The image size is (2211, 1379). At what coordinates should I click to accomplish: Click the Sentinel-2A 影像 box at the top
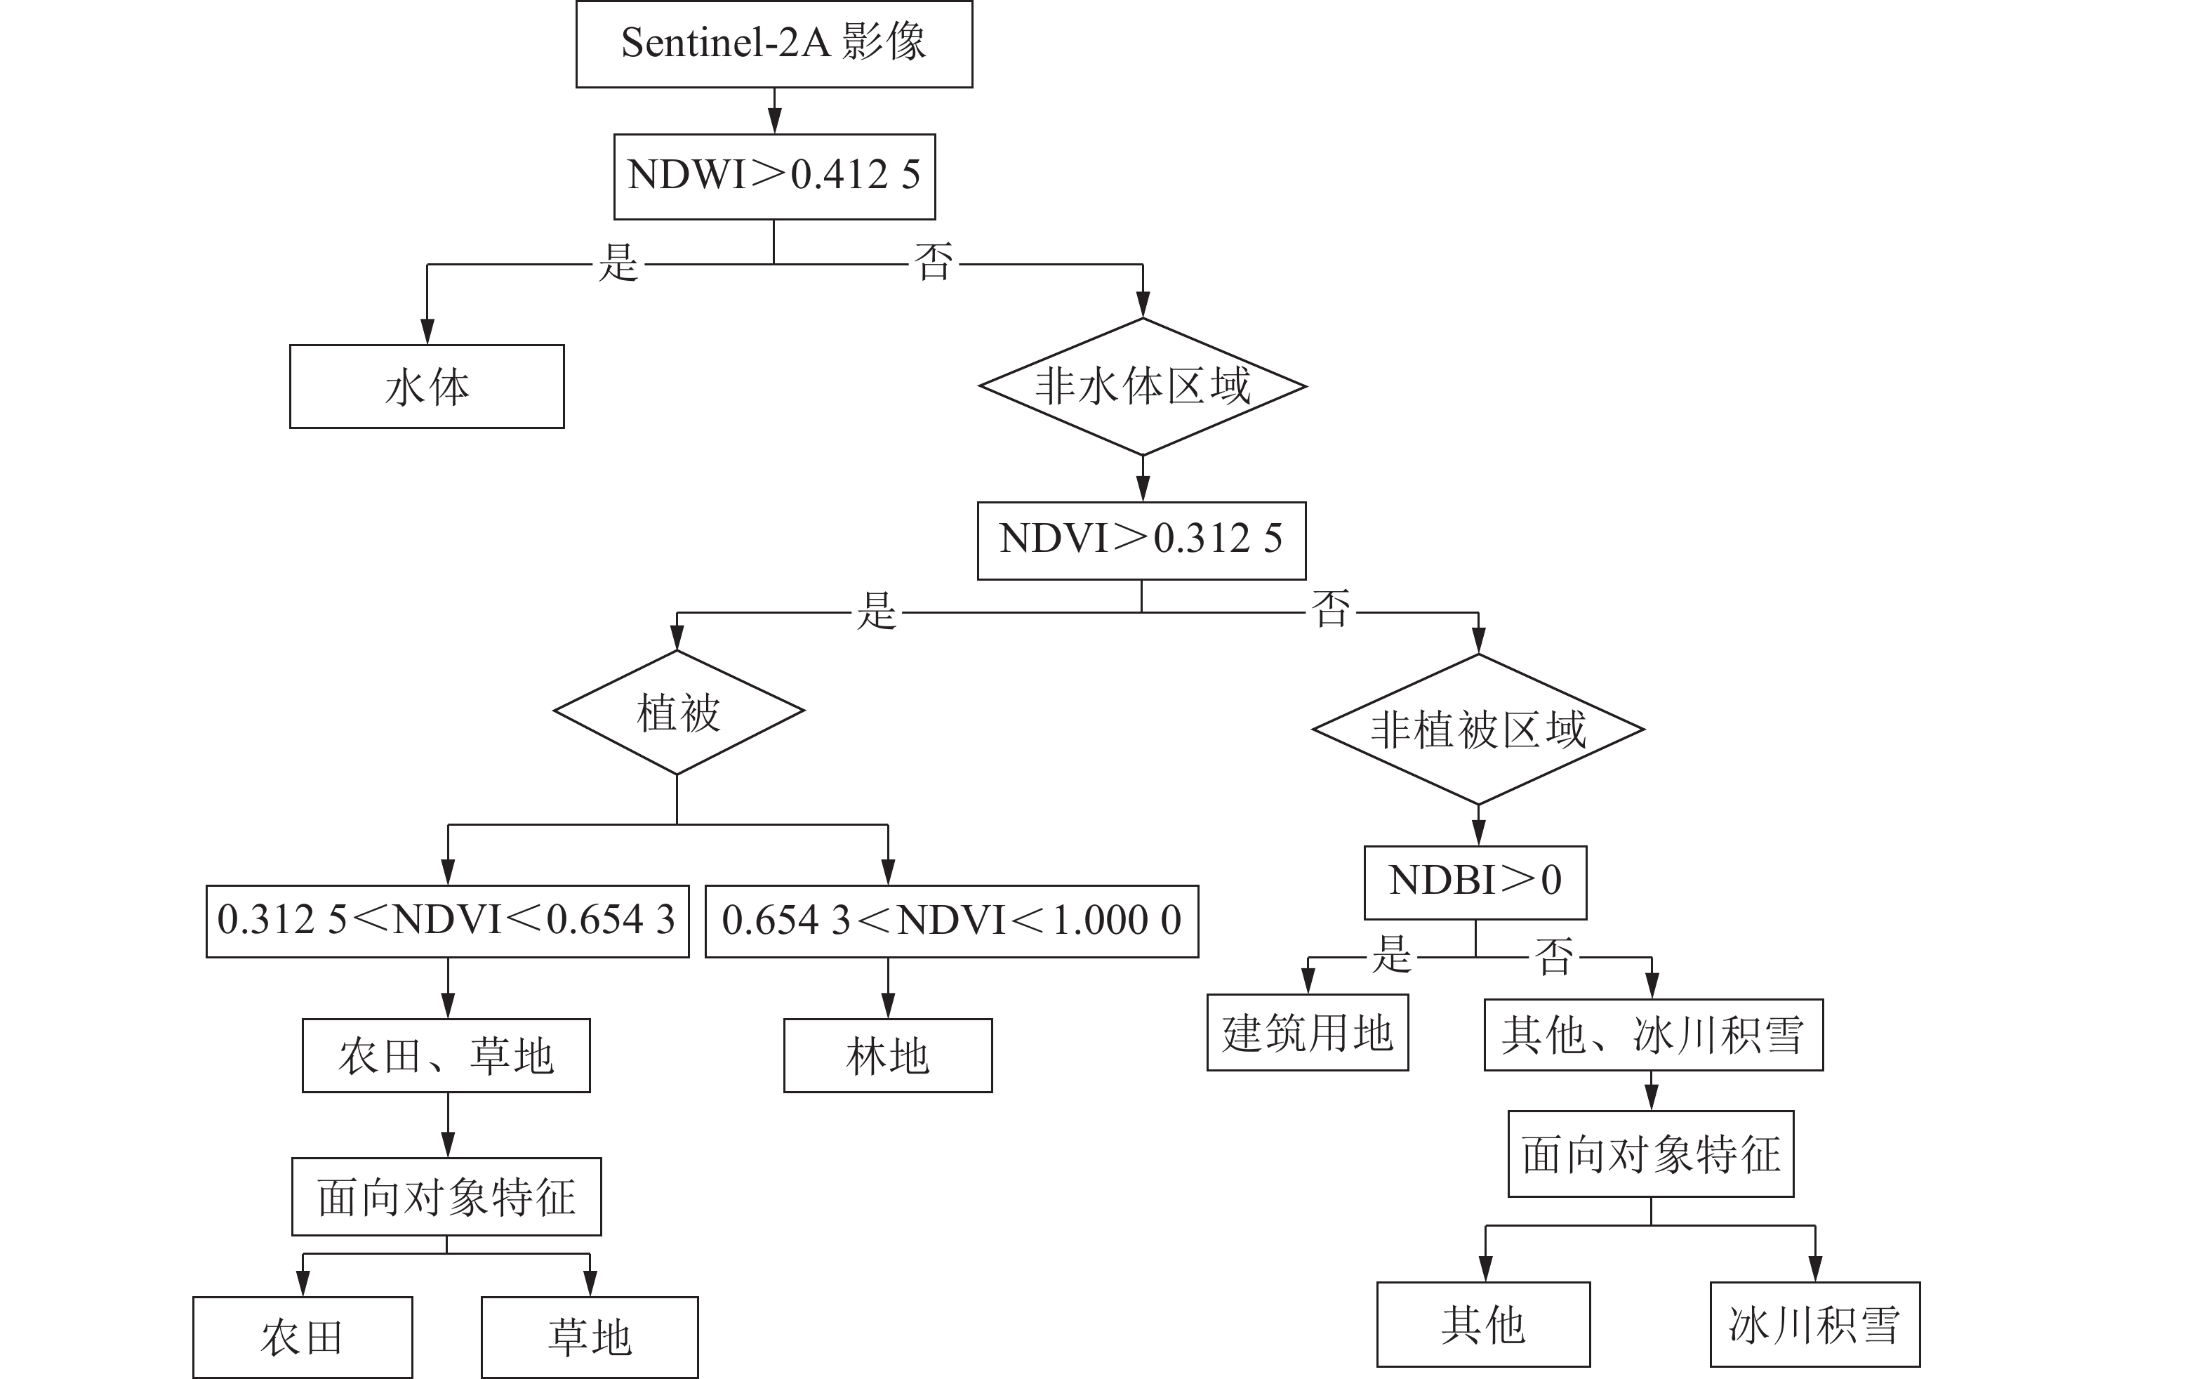tap(774, 44)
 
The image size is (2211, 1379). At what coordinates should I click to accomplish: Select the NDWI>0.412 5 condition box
tap(774, 176)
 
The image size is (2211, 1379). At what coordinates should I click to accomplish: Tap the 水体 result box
tap(427, 387)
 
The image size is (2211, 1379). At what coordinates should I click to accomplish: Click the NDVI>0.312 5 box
tap(1141, 540)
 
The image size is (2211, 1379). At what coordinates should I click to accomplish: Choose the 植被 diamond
tap(678, 712)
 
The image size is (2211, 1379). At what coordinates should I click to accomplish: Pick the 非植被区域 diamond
tap(1478, 730)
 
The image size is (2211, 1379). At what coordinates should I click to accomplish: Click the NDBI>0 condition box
tap(1475, 882)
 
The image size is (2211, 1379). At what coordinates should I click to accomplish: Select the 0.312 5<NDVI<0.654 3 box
tap(446, 921)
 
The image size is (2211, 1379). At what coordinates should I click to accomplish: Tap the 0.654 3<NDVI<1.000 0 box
tap(952, 921)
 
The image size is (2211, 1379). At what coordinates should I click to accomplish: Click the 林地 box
tap(887, 1056)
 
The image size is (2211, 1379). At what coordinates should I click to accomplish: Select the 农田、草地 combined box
tap(446, 1056)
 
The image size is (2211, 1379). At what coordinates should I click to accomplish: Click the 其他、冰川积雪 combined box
tap(1653, 1035)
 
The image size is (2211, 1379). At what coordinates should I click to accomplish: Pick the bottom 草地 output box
tap(589, 1337)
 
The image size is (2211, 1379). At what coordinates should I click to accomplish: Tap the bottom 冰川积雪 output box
tap(1814, 1324)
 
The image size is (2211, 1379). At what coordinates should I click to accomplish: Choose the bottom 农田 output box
tap(302, 1337)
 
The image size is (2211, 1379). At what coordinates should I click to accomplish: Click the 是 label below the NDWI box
tap(618, 263)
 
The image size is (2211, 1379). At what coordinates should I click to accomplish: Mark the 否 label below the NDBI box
tap(1555, 957)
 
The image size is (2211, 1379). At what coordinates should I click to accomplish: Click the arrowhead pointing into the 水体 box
tap(427, 332)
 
